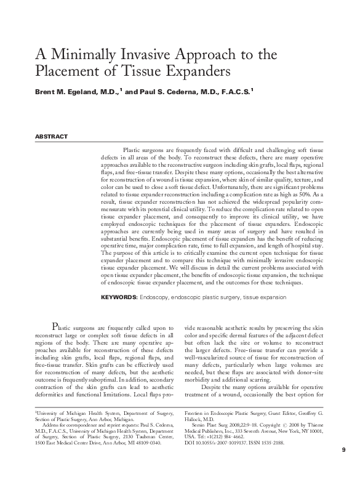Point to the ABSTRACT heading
tap(50, 137)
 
